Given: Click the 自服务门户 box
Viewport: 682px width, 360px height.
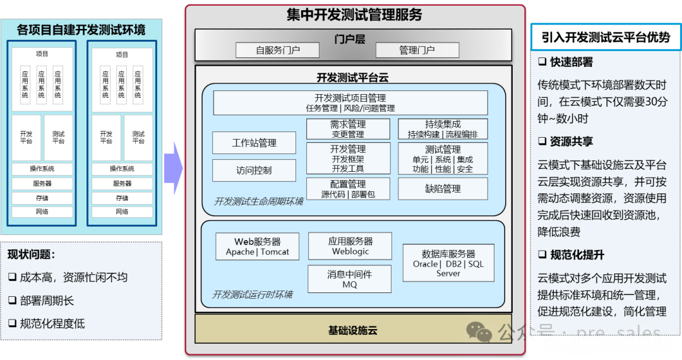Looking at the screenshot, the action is coord(278,50).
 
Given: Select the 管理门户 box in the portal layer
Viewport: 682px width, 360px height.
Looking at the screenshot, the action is coord(417,50).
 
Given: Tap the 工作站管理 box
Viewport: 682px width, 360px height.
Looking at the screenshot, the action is coord(254,143).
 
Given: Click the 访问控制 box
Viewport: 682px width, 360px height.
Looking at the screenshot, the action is coord(254,171).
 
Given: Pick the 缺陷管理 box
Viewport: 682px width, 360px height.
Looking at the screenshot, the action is coord(443,188).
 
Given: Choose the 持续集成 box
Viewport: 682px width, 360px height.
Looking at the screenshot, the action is coord(443,129).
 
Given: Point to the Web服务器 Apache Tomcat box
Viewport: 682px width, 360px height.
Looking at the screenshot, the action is coord(258,246).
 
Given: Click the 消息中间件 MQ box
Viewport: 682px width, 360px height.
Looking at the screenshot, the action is coord(350,279).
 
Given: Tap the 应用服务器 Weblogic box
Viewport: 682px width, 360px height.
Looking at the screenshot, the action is coord(350,246).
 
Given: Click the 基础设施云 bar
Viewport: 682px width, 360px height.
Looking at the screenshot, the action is coord(353,330).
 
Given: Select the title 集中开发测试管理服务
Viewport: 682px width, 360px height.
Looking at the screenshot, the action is coord(354,15).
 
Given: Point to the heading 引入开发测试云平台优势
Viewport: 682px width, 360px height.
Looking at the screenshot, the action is coord(606,38).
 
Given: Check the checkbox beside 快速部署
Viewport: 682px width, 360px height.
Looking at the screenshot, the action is coord(542,63).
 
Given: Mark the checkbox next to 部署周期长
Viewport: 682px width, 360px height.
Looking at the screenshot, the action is coord(13,301).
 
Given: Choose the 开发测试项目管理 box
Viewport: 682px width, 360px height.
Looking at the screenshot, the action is coord(350,103).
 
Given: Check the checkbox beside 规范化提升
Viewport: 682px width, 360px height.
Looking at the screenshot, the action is coord(542,255).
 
